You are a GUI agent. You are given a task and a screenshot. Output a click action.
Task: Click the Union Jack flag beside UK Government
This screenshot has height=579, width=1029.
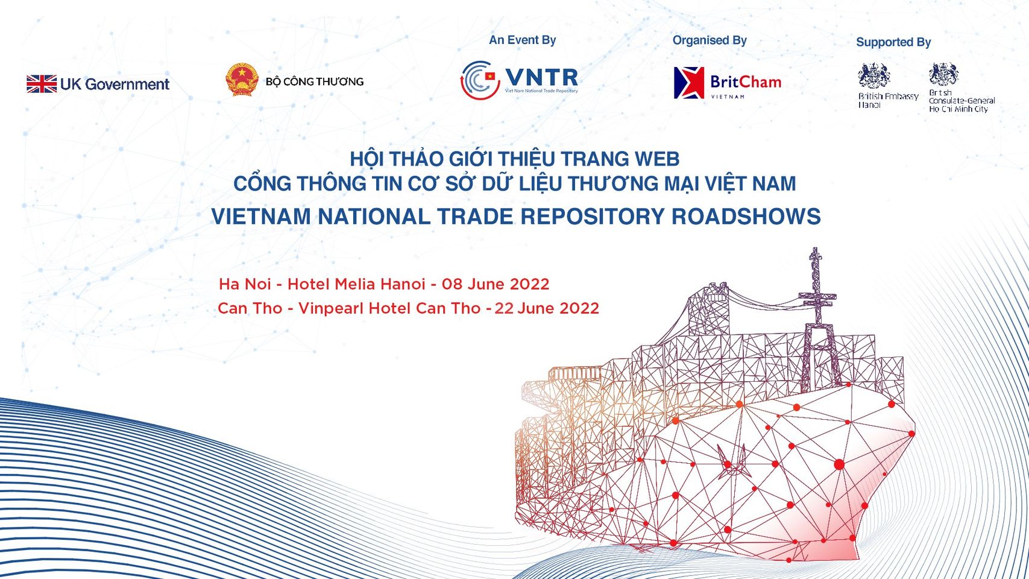click(42, 84)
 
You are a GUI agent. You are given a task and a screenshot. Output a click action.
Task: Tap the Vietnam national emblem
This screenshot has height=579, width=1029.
click(242, 80)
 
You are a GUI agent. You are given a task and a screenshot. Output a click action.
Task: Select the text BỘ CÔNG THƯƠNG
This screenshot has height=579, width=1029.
click(315, 82)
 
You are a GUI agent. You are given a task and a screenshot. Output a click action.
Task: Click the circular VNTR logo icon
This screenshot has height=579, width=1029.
click(480, 80)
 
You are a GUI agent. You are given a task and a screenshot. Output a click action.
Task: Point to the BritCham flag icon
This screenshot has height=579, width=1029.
click(689, 83)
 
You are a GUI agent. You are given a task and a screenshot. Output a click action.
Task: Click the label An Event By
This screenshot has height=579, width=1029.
click(522, 40)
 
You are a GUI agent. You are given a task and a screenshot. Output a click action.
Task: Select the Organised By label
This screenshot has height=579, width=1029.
click(710, 41)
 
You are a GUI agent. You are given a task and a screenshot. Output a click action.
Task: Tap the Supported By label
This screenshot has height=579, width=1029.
click(893, 42)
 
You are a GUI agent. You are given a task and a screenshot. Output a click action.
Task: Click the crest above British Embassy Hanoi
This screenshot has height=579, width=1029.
click(874, 75)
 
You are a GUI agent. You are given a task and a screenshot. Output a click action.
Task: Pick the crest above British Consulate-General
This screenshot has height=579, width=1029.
click(944, 74)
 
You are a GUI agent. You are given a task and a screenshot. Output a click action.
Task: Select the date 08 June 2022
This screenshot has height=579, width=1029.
click(496, 284)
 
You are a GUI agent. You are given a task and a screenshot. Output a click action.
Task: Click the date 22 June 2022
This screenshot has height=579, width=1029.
click(547, 308)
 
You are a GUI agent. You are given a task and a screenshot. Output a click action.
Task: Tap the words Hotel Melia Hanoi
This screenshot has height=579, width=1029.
click(356, 284)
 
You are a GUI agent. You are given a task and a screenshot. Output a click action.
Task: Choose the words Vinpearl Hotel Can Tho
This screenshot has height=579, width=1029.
click(389, 308)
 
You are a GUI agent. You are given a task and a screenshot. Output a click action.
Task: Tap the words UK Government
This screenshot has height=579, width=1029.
click(115, 84)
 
